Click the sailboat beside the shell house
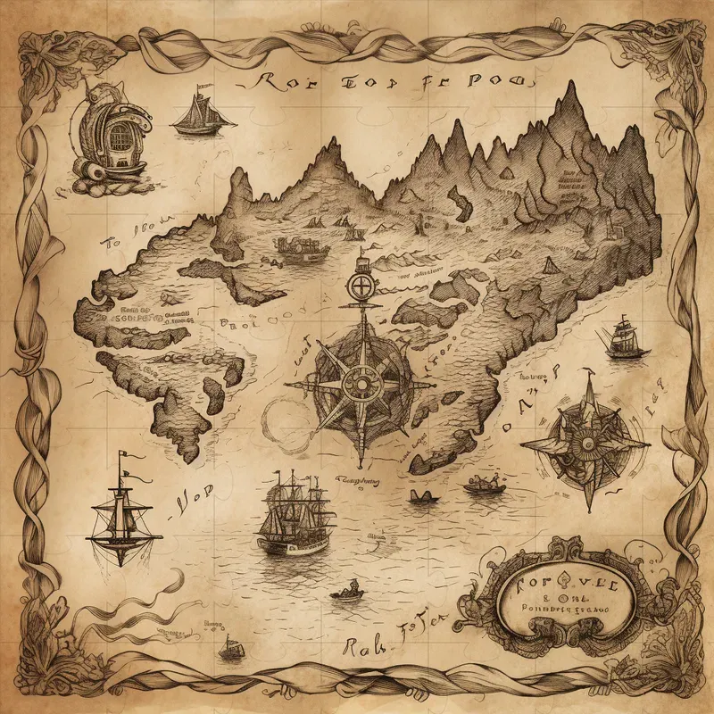(203, 114)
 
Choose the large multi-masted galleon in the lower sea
(295, 515)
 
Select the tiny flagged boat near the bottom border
(231, 650)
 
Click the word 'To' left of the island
(111, 242)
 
